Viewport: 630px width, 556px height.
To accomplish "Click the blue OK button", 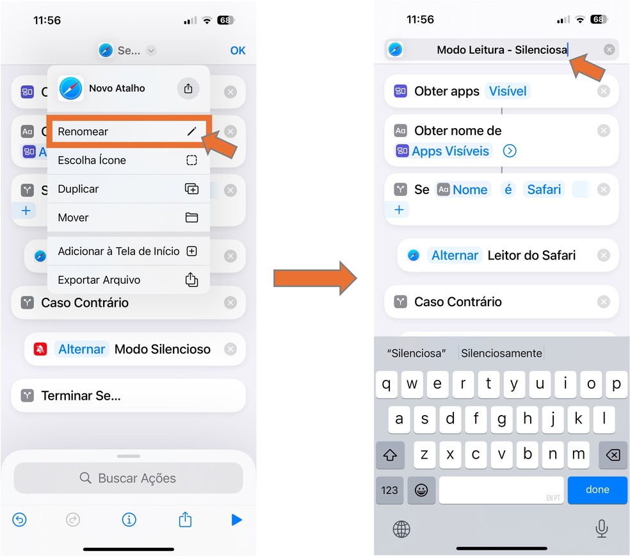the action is pos(238,51).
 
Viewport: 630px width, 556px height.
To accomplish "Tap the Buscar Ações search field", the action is pos(129,478).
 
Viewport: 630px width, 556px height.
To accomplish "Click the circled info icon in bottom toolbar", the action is pos(129,520).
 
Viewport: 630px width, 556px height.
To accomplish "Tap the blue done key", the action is pos(597,489).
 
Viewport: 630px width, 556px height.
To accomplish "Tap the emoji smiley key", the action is pos(421,490).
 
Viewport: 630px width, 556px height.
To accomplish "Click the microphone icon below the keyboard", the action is pos(601,528).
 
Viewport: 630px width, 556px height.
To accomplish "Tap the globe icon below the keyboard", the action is pos(401,529).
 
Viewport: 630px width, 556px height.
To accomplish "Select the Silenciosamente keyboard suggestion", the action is pos(501,354).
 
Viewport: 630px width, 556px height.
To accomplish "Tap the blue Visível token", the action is pos(508,91).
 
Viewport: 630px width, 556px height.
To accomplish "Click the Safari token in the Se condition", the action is pos(544,190).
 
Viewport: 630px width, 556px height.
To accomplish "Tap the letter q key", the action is pos(386,384).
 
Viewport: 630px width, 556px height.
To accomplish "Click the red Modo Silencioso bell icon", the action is pos(40,349).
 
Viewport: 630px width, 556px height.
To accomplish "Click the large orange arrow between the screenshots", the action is pos(315,278).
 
